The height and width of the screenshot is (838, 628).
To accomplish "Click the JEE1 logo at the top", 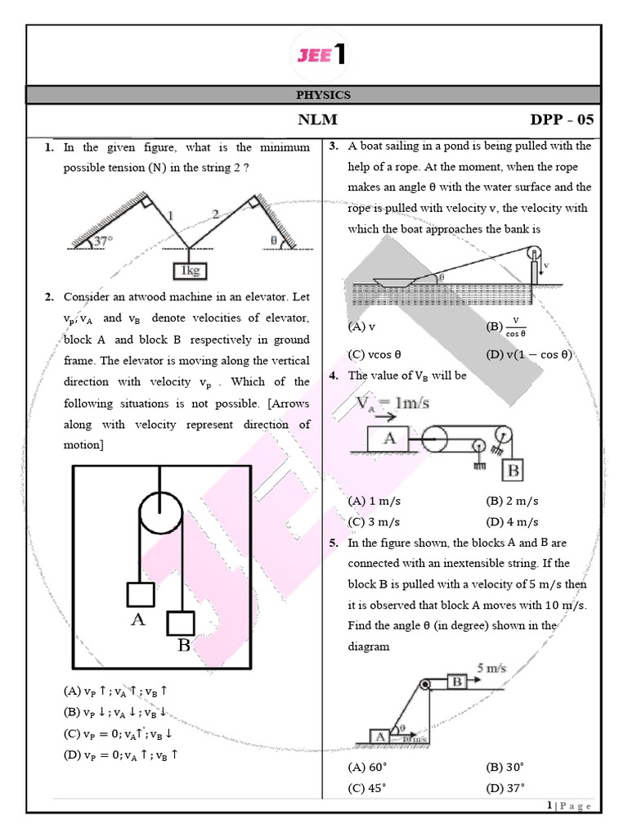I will point(319,56).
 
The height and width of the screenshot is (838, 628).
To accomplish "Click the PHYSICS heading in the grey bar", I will point(323,95).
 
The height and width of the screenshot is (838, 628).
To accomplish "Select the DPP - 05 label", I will point(562,120).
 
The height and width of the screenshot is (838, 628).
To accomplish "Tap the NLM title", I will point(318,120).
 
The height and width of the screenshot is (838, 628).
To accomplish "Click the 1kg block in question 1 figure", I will point(189,270).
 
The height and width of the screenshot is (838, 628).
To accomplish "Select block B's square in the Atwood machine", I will point(180,623).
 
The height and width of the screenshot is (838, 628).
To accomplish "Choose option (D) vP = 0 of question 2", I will point(120,755).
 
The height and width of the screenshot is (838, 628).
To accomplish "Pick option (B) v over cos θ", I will point(507,327).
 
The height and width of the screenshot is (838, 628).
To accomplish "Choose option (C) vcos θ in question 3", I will point(375,355).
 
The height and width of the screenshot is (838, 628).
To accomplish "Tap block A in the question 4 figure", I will point(390,439).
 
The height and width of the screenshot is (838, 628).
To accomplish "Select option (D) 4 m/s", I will point(512,521).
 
